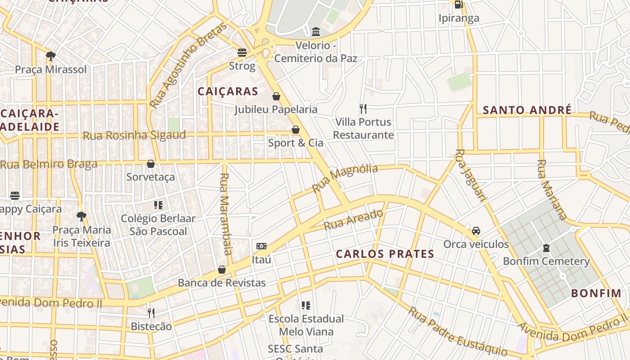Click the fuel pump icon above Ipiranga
[x=459, y=4]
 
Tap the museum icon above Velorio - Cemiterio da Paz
[x=316, y=31]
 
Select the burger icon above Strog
[x=242, y=52]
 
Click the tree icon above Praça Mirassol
[x=51, y=56]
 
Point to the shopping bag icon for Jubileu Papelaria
[x=276, y=96]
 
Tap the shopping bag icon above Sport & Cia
[x=296, y=130]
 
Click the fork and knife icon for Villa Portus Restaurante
[x=363, y=108]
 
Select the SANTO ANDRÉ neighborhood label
[x=527, y=110]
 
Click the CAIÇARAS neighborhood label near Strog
[x=228, y=91]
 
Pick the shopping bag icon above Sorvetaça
[x=151, y=164]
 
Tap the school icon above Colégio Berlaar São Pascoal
[x=158, y=205]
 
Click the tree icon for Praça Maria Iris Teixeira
[x=81, y=216]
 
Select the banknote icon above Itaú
[x=261, y=246]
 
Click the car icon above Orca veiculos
[x=476, y=231]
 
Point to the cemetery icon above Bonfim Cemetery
[x=546, y=248]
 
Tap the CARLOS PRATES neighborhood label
[x=385, y=254]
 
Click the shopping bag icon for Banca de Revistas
[x=222, y=270]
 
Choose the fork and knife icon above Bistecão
[x=151, y=313]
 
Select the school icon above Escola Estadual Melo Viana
[x=306, y=306]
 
